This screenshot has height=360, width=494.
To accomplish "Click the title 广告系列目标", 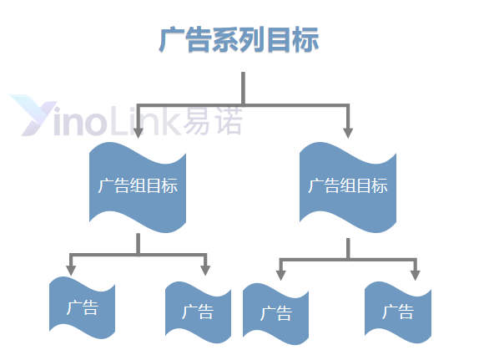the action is (239, 40).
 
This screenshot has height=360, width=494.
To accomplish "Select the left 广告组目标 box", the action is (138, 187).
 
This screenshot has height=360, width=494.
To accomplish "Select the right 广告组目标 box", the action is (348, 187).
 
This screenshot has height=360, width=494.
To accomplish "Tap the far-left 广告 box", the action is (83, 307).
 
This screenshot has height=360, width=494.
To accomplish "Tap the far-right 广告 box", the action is (398, 312).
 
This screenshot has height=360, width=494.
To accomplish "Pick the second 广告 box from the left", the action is (198, 312).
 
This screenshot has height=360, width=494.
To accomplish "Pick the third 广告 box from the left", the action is (275, 314).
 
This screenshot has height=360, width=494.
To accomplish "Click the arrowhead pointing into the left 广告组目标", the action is (138, 133).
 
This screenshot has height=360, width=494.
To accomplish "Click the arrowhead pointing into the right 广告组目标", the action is (348, 133).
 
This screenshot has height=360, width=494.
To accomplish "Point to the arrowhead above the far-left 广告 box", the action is (71, 271).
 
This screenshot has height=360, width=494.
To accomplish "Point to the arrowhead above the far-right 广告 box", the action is (416, 275).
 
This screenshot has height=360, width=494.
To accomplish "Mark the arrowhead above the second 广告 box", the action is (205, 271).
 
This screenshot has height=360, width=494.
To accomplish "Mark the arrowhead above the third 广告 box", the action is (280, 275).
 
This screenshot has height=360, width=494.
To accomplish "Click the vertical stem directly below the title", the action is (243, 89).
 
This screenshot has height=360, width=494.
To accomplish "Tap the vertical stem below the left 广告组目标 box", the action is (138, 244).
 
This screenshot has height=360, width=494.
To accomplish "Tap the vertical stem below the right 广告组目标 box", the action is (348, 249).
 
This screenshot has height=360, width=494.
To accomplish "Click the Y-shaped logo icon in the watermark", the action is (33, 115).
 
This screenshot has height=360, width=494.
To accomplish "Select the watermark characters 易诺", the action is (213, 119).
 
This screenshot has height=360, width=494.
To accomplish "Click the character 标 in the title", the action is (305, 40).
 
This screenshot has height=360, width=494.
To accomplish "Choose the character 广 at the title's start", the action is (171, 40).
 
